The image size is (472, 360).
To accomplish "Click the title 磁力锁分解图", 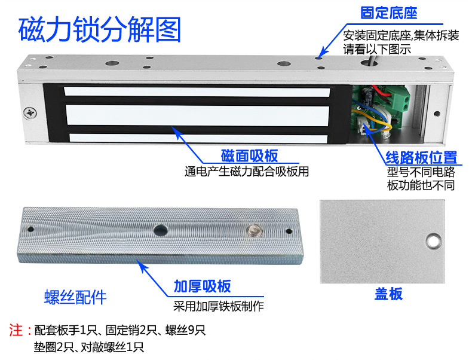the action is point(100,29).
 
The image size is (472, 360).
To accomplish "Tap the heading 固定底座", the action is point(388,13).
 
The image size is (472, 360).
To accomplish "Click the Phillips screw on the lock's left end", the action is point(30,113).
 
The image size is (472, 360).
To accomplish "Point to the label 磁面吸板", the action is point(250,155).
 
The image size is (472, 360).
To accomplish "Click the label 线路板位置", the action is point(421,157).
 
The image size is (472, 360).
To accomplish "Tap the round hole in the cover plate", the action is point(434,241).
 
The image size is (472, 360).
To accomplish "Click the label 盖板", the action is point(388,294).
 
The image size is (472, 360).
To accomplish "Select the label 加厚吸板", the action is point(203,286).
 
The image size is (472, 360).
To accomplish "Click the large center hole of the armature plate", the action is point(161,230).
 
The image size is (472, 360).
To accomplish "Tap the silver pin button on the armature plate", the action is point(255,230).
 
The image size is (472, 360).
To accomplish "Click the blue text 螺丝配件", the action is point(75,297).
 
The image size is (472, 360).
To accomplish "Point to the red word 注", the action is point(16,330).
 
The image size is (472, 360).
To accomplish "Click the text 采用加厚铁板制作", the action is point(219,306).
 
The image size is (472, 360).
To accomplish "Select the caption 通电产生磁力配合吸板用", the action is point(247,172).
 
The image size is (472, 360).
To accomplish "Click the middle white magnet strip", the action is point(198,115).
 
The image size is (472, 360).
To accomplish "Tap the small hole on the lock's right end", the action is point(437,114).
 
